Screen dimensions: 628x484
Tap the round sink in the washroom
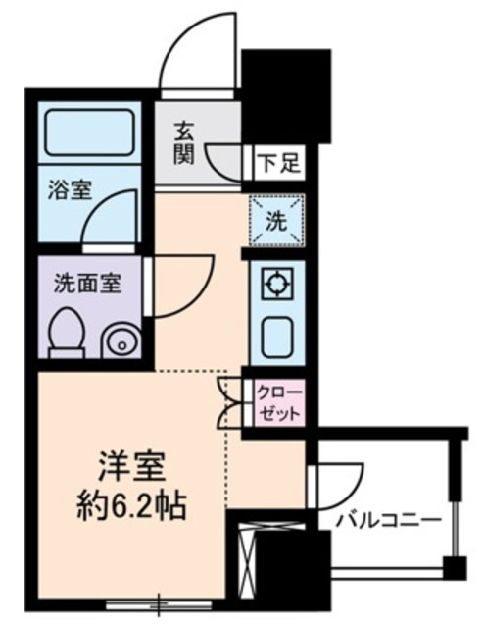point(122,341)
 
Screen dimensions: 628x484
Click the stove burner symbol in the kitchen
point(277,286)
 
